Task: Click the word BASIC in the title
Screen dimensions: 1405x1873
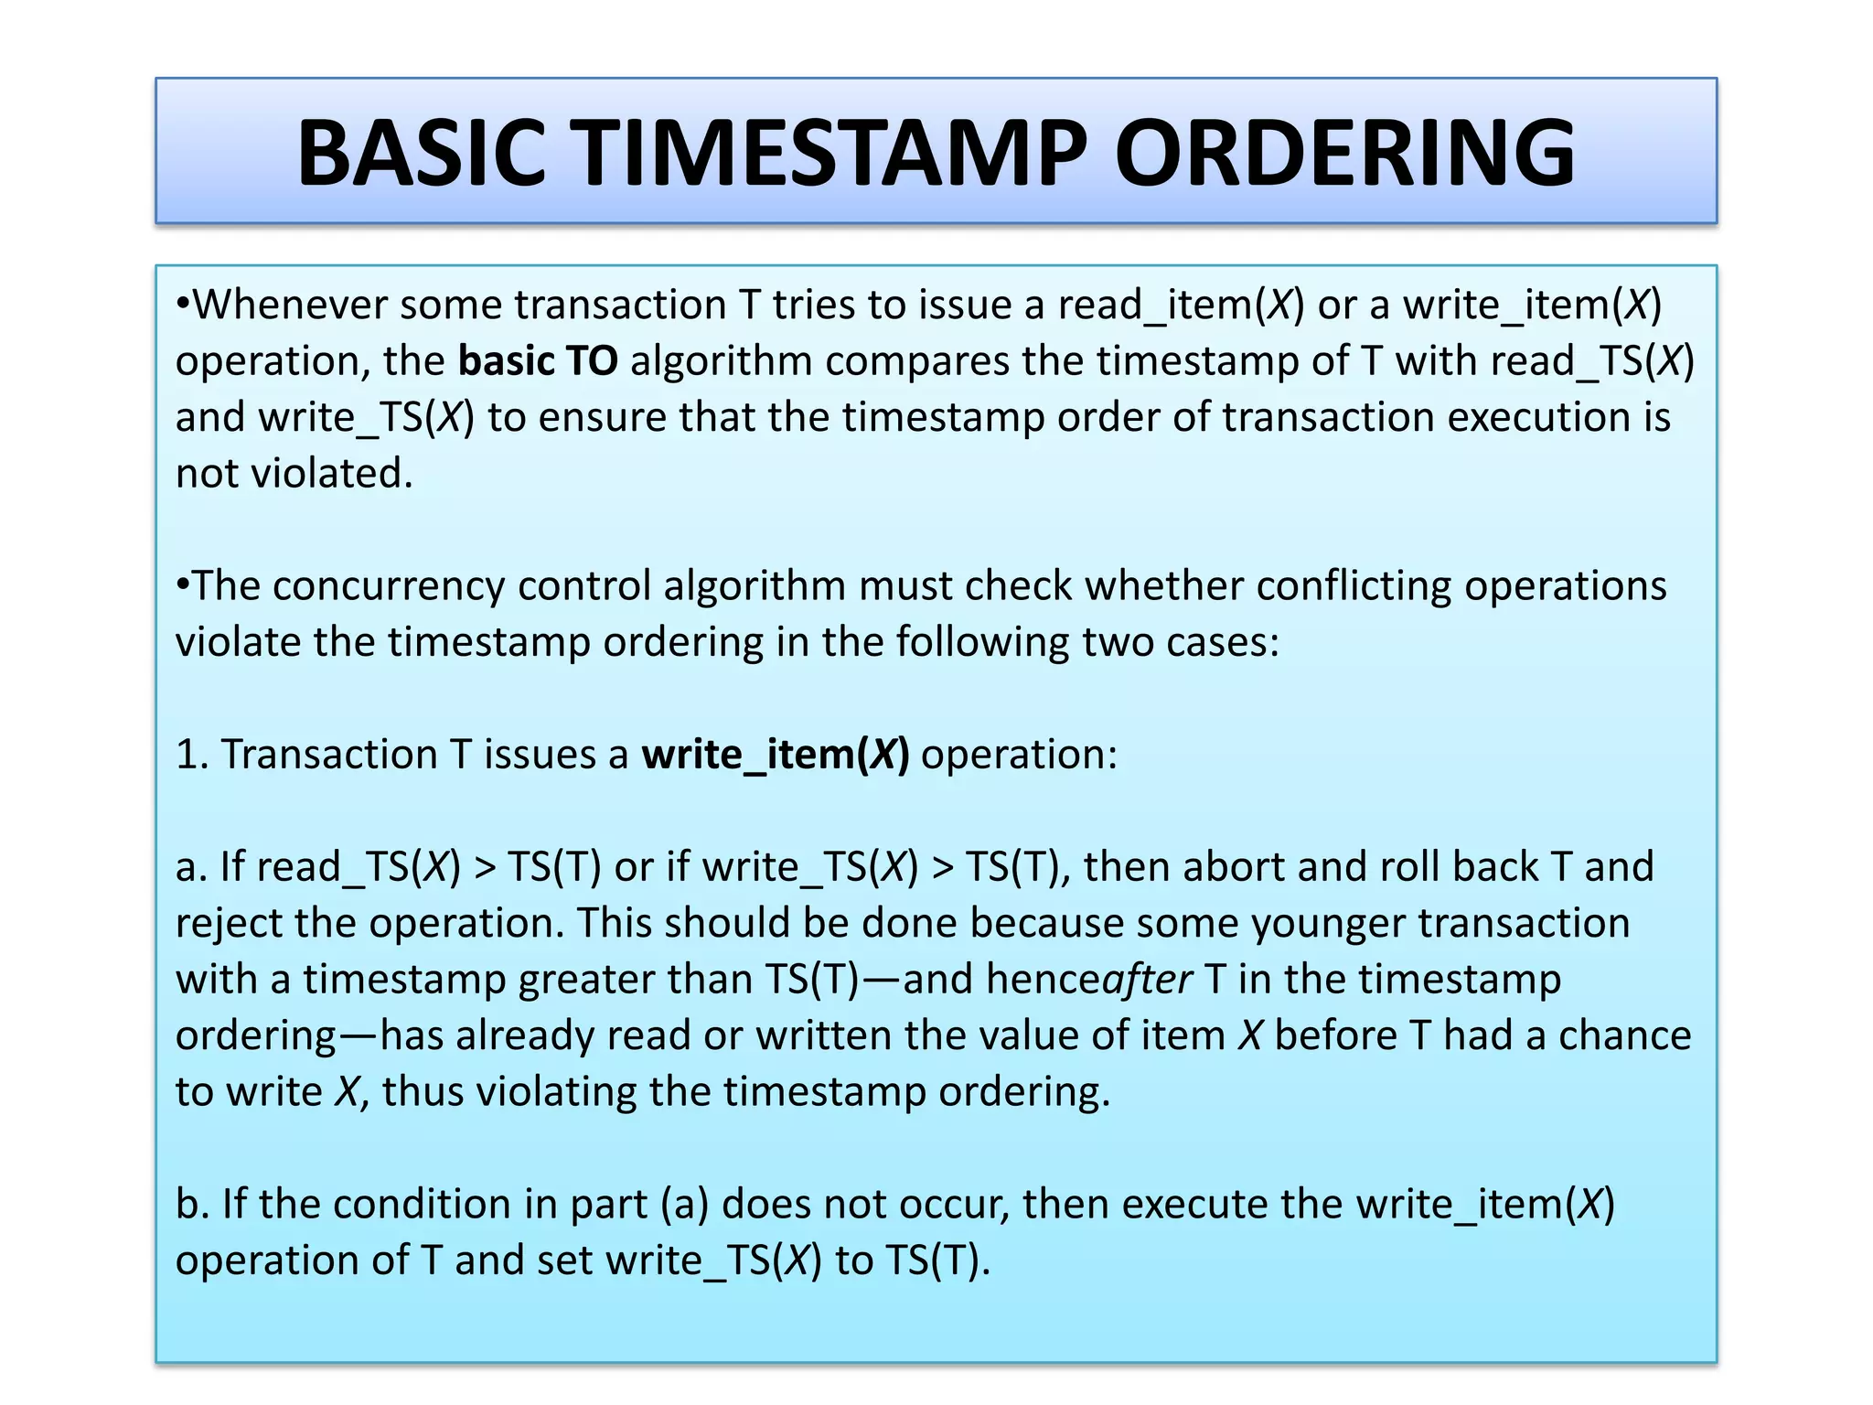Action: (422, 153)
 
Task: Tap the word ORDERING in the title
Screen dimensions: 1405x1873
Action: (1344, 153)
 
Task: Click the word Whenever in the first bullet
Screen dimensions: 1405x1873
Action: (290, 305)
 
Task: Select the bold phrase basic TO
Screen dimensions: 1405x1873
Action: (538, 361)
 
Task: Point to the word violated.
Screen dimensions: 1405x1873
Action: (332, 474)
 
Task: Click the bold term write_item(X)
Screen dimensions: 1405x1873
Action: (776, 755)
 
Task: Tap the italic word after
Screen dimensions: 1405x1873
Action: (1147, 980)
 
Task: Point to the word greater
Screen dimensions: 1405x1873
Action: (586, 980)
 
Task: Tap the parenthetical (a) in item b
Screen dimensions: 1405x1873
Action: (684, 1205)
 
